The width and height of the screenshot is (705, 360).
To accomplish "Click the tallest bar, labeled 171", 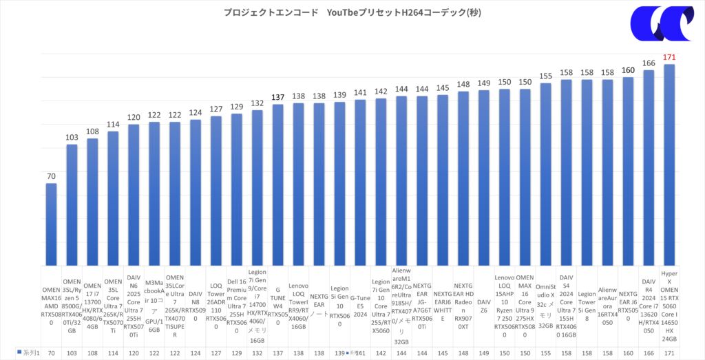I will point(668,165).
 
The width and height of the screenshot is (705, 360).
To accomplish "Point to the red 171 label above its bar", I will point(668,57).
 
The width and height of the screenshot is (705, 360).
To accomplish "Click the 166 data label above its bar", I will point(648,63).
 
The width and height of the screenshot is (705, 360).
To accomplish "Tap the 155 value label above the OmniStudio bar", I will point(545,76).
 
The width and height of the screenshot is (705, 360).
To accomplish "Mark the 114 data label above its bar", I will point(112,125).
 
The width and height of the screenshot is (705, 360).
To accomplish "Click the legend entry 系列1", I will point(28,353).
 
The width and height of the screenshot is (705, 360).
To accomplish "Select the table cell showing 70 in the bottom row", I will point(52,353).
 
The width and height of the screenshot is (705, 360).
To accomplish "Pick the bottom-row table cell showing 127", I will point(215,353).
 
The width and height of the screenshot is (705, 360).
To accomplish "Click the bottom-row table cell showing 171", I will point(668,353).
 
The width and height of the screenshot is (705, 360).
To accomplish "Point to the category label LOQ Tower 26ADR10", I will point(215,305).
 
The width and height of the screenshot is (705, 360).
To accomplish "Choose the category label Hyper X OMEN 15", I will point(668,305).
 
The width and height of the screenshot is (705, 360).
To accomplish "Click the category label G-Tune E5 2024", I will point(360,305).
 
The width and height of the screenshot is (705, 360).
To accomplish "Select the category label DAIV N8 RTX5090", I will point(196,305).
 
